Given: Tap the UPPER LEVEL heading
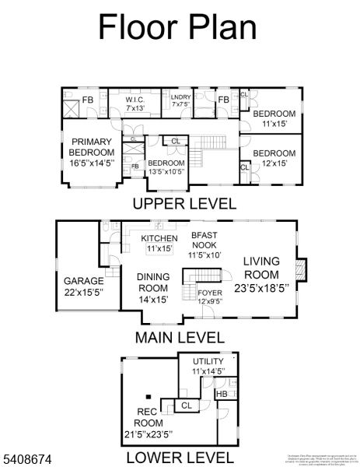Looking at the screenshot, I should (x=184, y=204).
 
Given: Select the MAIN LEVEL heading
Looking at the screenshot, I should (x=180, y=338).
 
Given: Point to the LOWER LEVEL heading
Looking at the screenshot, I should (x=180, y=458).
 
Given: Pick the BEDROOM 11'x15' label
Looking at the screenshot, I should (x=274, y=118).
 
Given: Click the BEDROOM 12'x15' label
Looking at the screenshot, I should (x=274, y=158).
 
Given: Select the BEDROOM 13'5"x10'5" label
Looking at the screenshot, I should (x=166, y=167).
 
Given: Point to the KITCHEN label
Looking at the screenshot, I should (x=159, y=243).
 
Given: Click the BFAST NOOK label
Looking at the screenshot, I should (x=204, y=244).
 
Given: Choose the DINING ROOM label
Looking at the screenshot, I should (x=152, y=287).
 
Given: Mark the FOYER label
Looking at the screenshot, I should (x=209, y=297).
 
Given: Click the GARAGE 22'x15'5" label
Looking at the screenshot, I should (x=83, y=286).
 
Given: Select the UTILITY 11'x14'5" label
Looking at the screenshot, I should (x=208, y=367).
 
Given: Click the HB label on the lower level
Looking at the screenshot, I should (x=222, y=394).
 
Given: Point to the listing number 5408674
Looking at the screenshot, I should (x=26, y=461).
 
